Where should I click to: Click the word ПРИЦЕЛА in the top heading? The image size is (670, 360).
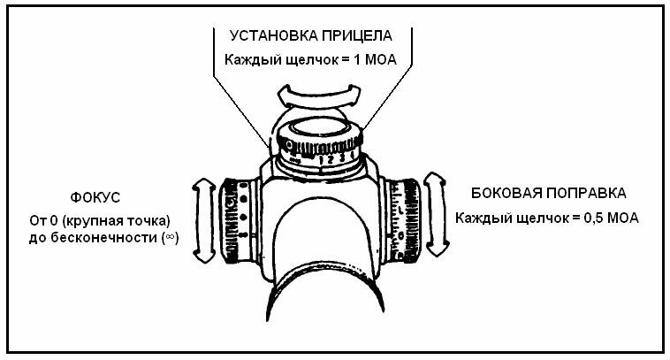tap(360, 36)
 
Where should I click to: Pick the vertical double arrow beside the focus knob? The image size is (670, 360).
tap(203, 218)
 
